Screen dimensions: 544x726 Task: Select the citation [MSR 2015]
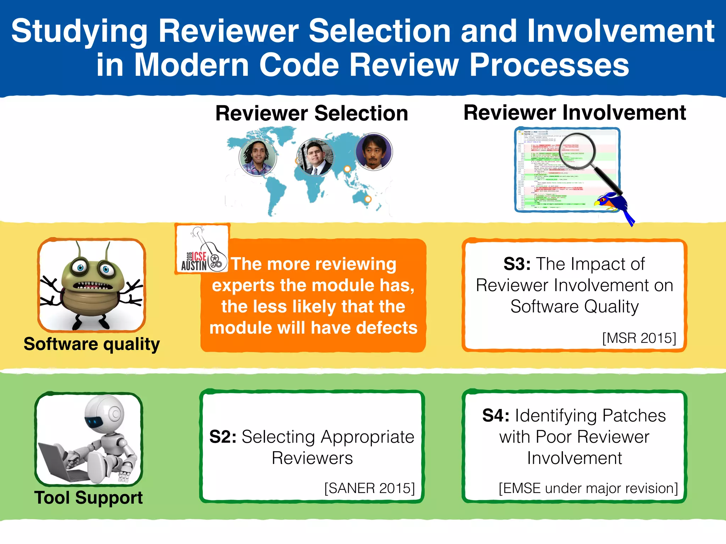pyautogui.click(x=639, y=338)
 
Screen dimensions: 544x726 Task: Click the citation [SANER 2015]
pyautogui.click(x=369, y=488)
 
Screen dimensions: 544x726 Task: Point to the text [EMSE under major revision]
pyautogui.click(x=588, y=488)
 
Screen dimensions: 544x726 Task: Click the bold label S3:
pyautogui.click(x=517, y=264)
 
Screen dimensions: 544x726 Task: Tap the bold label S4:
pyautogui.click(x=496, y=415)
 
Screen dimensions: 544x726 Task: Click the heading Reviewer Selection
pyautogui.click(x=312, y=113)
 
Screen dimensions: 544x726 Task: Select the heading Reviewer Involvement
pyautogui.click(x=575, y=113)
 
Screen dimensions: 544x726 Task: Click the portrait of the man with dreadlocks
pyautogui.click(x=258, y=157)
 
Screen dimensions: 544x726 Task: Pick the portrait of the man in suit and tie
pyautogui.click(x=315, y=157)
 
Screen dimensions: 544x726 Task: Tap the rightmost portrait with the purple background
pyautogui.click(x=374, y=152)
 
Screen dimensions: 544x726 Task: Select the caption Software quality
pyautogui.click(x=92, y=344)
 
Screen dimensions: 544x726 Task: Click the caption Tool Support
pyautogui.click(x=88, y=498)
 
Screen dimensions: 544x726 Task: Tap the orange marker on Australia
pyautogui.click(x=368, y=199)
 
